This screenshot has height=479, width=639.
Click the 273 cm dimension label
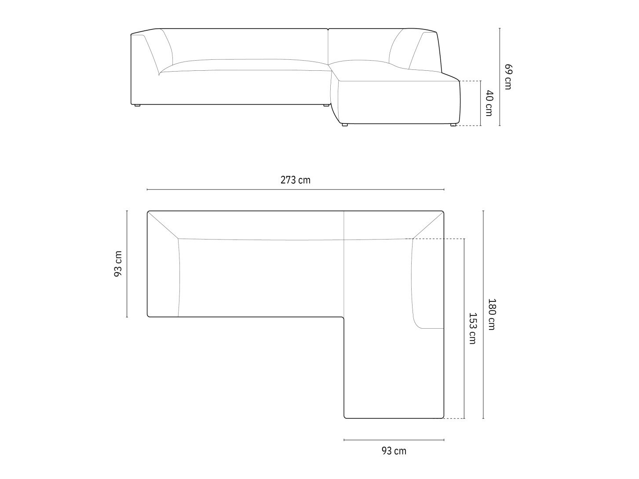tap(296, 180)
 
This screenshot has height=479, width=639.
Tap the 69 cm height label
tap(508, 77)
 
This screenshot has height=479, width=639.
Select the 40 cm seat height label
tap(489, 103)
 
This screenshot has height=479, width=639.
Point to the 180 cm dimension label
tap(492, 314)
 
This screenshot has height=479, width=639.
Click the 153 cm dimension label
tap(472, 328)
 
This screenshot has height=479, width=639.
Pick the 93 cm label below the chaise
tap(394, 451)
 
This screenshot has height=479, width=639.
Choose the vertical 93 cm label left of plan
tap(118, 264)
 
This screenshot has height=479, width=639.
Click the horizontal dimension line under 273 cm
tap(296, 189)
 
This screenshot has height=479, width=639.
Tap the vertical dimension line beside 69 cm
tap(500, 77)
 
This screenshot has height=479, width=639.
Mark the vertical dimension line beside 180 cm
tap(484, 314)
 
